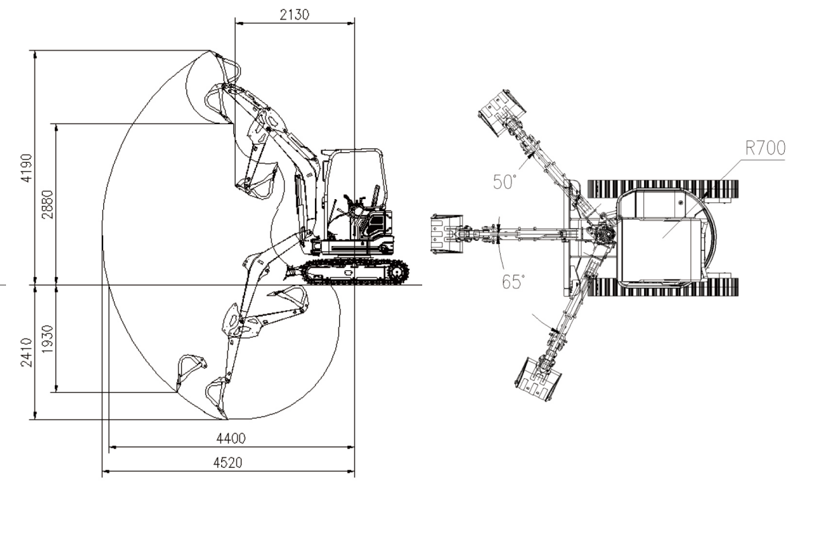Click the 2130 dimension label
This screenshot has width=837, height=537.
tap(294, 15)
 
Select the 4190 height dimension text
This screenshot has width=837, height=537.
tap(27, 168)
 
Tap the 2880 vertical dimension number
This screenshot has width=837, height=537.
tap(48, 204)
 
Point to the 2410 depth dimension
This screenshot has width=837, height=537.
tap(27, 353)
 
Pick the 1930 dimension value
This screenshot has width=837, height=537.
tap(48, 339)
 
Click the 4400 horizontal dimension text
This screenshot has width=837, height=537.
tap(231, 438)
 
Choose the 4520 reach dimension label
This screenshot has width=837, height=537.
tap(228, 463)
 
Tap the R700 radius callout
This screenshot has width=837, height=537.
tap(765, 148)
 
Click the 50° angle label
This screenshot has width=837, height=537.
tap(505, 182)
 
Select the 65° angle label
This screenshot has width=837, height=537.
tap(513, 282)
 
